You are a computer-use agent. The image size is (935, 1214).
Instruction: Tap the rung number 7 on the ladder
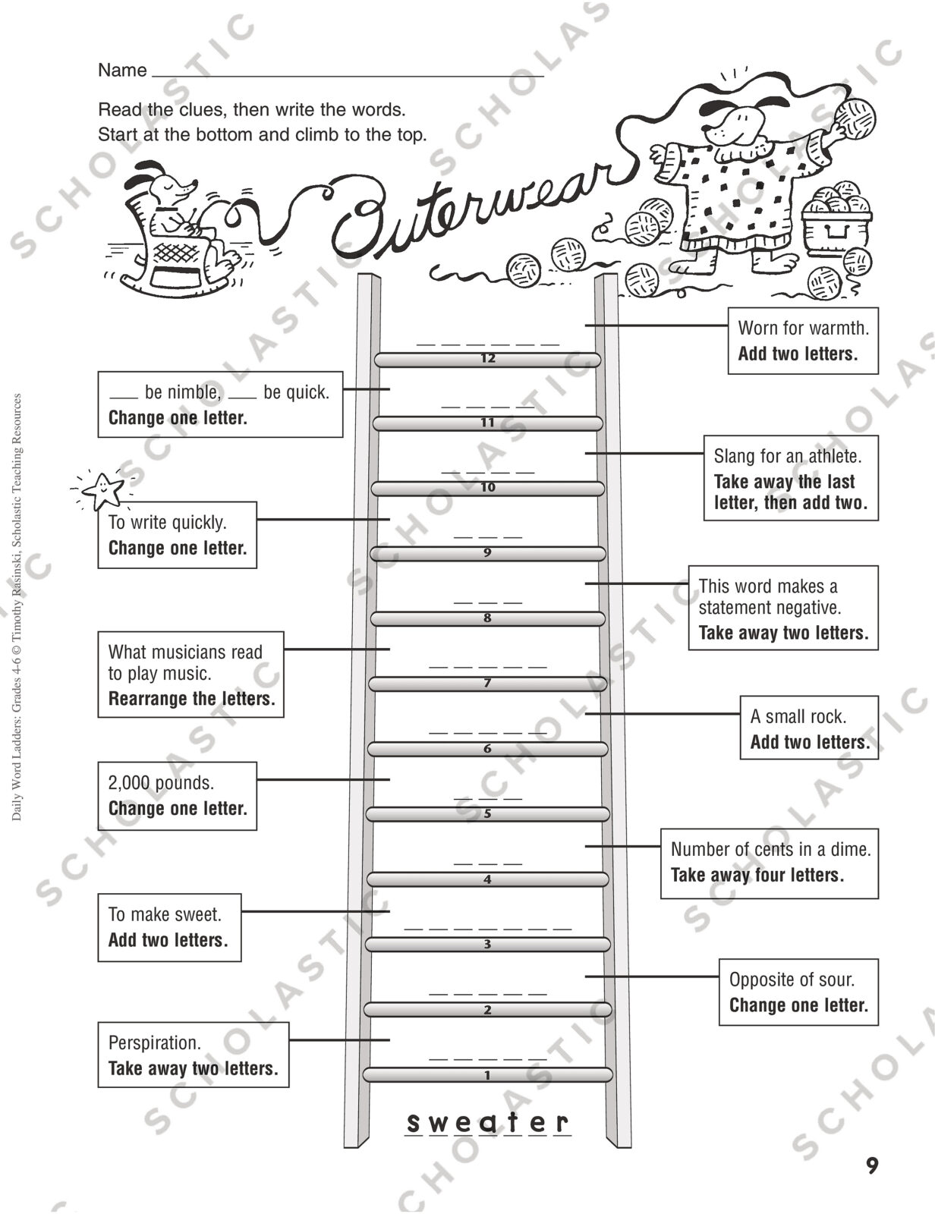(487, 683)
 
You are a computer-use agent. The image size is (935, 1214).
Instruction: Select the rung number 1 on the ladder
(487, 1075)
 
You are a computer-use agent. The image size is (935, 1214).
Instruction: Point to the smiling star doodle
(102, 490)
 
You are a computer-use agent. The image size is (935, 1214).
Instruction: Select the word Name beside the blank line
(122, 71)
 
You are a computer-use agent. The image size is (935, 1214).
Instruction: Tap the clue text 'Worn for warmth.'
(803, 328)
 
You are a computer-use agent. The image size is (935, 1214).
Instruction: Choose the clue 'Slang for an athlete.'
(788, 456)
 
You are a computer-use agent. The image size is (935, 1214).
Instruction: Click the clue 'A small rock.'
(798, 716)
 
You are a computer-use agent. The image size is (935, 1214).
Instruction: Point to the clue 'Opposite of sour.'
(792, 980)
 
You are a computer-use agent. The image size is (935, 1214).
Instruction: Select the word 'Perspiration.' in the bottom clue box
(154, 1043)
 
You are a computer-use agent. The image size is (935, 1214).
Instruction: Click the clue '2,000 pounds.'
(161, 783)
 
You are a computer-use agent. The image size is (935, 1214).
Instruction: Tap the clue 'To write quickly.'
(167, 522)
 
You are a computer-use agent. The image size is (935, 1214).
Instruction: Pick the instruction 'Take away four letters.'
(757, 875)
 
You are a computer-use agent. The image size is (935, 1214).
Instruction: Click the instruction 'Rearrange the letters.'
(191, 698)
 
